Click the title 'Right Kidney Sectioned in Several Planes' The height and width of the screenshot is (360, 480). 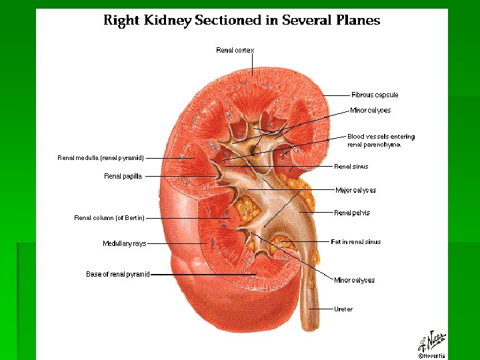[x=241, y=20]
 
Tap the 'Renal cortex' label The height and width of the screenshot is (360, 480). [x=235, y=50]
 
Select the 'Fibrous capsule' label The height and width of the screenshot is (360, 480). [x=375, y=95]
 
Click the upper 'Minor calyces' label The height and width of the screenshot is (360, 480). [x=370, y=110]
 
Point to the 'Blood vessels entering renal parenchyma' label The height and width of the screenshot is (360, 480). [x=381, y=141]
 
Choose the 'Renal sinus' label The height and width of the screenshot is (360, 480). [x=351, y=167]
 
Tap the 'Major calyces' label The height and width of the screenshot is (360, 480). [x=355, y=190]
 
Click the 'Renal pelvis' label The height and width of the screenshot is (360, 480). [x=352, y=213]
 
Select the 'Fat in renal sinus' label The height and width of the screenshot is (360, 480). [x=356, y=242]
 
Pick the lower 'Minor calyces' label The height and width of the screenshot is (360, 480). [x=354, y=280]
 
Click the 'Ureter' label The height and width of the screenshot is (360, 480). [x=343, y=309]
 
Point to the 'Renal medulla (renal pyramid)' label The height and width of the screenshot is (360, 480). [x=101, y=158]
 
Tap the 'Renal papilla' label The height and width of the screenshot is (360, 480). [x=123, y=176]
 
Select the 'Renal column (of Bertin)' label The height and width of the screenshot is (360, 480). [x=109, y=218]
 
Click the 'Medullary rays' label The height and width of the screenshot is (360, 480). [x=124, y=244]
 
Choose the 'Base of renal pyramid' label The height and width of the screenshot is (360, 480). [x=118, y=274]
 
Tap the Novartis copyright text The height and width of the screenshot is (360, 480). [x=431, y=355]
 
